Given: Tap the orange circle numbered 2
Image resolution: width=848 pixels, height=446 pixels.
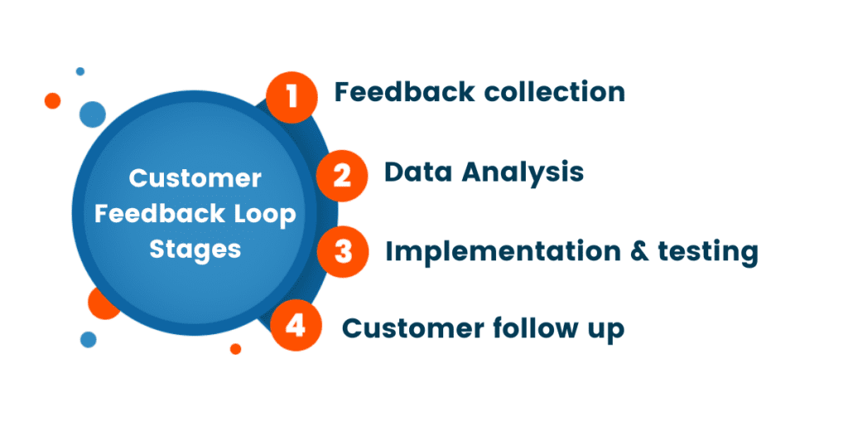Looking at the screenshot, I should click(x=342, y=175).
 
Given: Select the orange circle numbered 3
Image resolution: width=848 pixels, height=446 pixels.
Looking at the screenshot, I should click(x=343, y=251).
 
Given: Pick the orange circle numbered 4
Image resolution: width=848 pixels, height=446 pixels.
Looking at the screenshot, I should click(x=294, y=327).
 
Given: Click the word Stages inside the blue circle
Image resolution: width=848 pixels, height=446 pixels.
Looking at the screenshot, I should click(x=195, y=250).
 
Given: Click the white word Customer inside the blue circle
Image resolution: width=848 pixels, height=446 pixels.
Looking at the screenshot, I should click(x=195, y=178).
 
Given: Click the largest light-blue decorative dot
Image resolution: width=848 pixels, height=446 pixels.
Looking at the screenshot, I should click(x=93, y=114).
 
